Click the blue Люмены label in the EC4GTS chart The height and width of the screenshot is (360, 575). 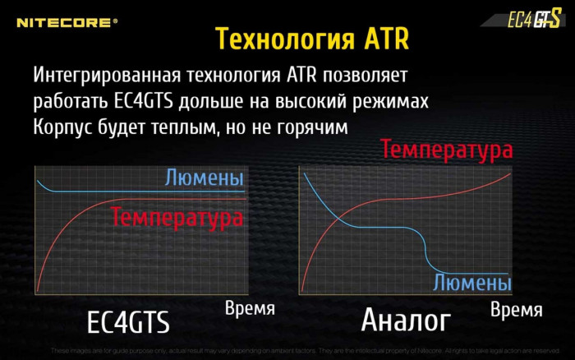[204, 178]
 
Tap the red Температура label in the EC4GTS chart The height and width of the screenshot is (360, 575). [177, 218]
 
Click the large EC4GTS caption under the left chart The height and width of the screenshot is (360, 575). [127, 322]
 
